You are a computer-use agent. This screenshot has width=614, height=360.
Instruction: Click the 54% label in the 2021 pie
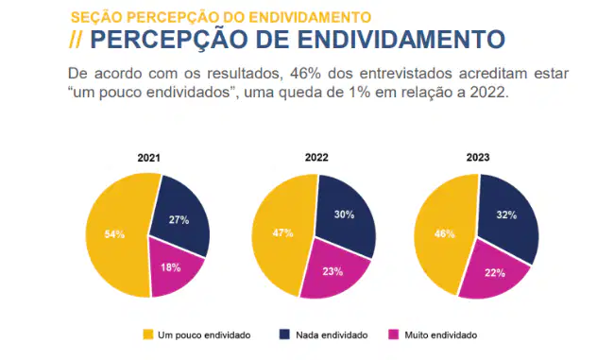[x=114, y=234]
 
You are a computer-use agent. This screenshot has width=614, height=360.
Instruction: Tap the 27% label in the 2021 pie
[x=179, y=220]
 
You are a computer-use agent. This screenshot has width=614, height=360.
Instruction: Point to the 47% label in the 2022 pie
[x=282, y=233]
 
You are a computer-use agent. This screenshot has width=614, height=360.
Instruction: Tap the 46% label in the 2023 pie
[x=445, y=234]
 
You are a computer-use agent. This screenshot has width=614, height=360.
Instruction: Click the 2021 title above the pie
[x=149, y=158]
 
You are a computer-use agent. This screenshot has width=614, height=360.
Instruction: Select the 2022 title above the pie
[x=316, y=158]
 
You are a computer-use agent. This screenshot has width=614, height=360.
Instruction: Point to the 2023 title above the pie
[x=478, y=158]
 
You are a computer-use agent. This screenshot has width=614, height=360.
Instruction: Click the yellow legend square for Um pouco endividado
[x=148, y=334]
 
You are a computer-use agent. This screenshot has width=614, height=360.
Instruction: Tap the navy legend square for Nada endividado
[x=284, y=334]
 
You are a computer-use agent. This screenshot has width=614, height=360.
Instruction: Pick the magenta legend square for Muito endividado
[x=393, y=334]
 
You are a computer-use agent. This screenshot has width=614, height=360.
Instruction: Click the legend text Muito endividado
[x=440, y=335]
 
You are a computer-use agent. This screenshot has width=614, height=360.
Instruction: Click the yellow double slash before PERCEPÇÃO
[x=76, y=39]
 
